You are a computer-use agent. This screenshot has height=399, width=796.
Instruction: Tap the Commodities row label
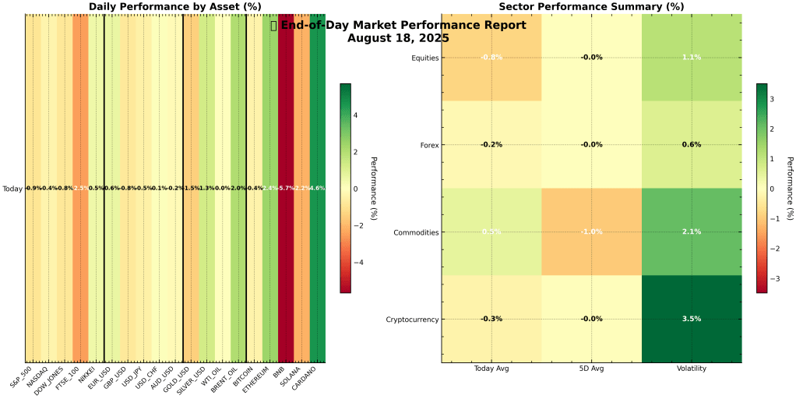click(417, 232)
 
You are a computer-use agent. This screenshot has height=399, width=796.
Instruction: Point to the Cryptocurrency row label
click(412, 320)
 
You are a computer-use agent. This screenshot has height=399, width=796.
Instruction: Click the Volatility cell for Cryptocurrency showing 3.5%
click(691, 319)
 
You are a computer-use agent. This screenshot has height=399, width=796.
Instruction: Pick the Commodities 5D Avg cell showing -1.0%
click(591, 231)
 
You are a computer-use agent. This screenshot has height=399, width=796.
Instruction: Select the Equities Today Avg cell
click(491, 57)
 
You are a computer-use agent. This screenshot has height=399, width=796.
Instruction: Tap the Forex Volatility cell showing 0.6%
click(691, 144)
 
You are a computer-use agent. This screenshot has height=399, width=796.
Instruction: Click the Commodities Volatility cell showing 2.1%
click(691, 231)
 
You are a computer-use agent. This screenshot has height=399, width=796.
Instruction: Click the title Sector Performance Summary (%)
click(591, 6)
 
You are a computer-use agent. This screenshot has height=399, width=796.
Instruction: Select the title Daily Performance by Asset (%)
click(174, 6)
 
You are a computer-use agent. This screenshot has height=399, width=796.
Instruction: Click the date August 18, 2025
click(398, 37)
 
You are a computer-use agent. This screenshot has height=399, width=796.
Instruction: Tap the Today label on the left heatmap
click(12, 189)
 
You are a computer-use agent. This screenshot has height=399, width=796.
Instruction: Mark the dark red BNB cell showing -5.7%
click(286, 189)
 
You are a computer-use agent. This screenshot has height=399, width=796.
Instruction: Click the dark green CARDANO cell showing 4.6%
click(317, 189)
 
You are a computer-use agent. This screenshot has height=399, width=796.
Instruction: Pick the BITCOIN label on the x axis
click(245, 376)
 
